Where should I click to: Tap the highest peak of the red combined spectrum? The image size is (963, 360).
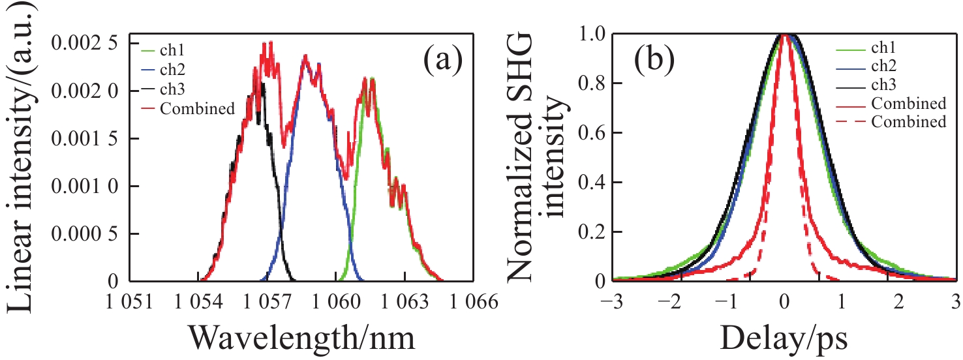(270, 42)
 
